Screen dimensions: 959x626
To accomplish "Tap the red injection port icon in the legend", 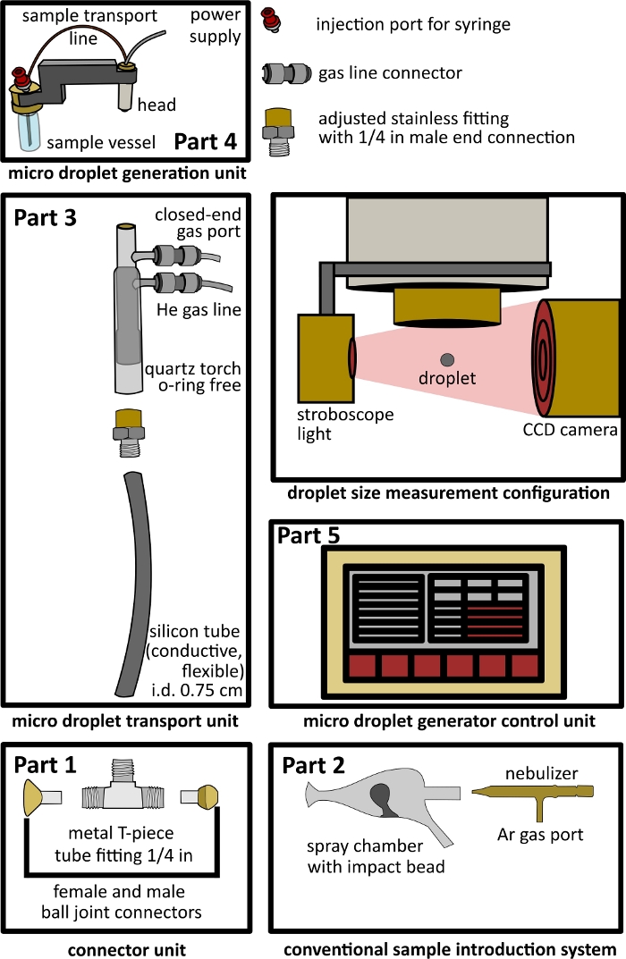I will [275, 20].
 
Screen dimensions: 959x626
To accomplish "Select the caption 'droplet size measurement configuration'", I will [448, 492].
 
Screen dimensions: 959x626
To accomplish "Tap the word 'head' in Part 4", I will [156, 105].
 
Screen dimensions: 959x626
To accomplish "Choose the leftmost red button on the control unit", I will [362, 666].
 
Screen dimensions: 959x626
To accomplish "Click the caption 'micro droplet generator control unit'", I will [448, 721].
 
